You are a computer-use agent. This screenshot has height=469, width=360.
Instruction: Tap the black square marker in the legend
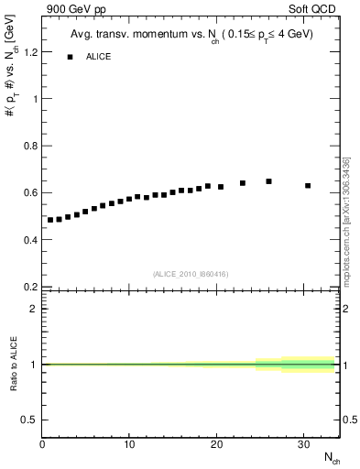[70, 57]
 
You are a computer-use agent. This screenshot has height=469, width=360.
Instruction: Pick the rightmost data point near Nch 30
[308, 185]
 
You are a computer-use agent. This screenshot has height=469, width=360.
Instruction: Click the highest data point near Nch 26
[268, 181]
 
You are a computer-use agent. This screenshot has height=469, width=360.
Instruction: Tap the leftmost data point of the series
[50, 220]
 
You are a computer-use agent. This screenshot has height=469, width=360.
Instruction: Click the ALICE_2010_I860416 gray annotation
[190, 273]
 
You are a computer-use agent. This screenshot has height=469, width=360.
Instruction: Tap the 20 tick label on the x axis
[216, 444]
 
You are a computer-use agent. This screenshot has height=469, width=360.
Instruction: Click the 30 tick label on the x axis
[304, 444]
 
